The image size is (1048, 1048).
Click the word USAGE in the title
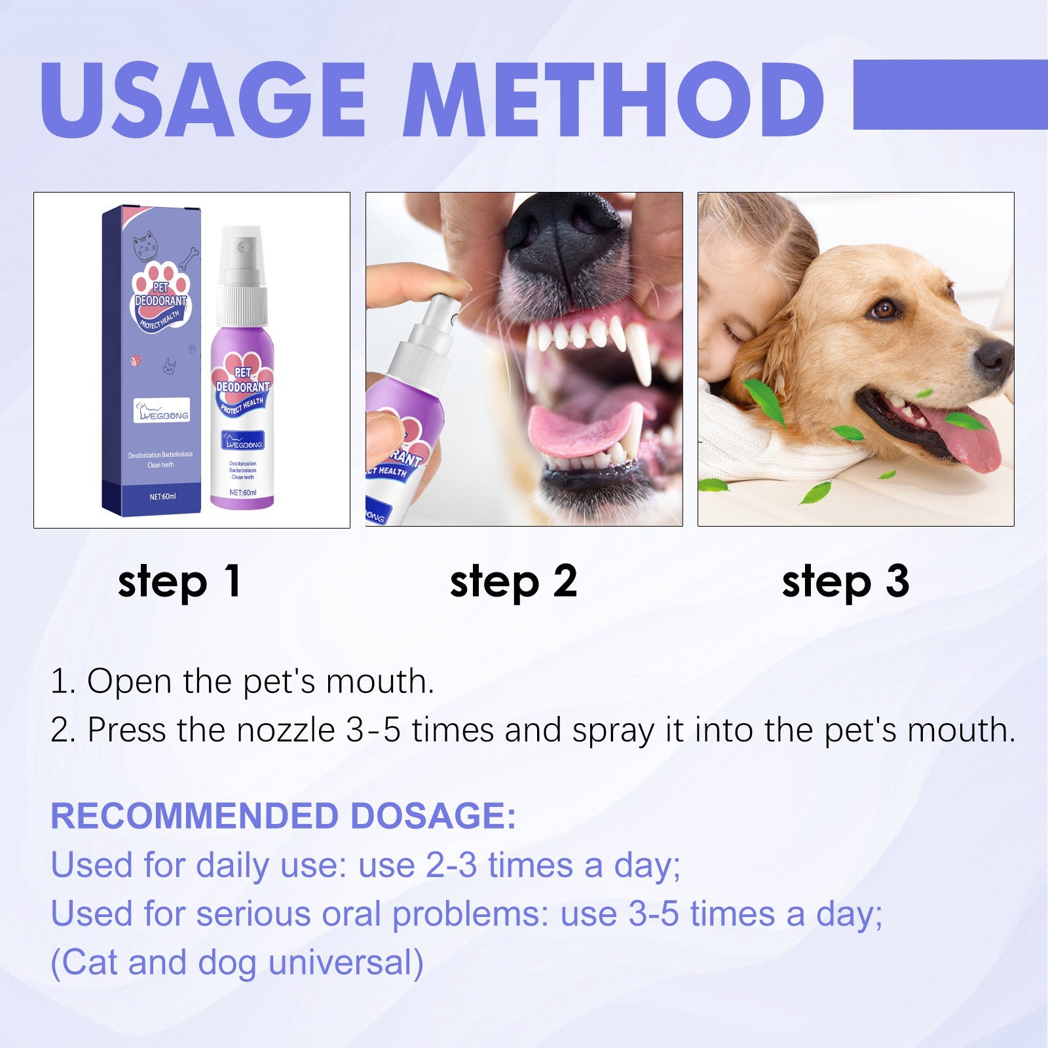[x=203, y=100]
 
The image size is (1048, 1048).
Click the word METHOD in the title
[x=612, y=100]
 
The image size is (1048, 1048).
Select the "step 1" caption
[x=179, y=581]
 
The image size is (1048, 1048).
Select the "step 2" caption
[x=514, y=581]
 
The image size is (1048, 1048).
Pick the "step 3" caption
[x=846, y=581]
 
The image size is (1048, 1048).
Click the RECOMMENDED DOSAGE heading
[x=283, y=816]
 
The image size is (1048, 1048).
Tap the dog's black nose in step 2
[x=563, y=242]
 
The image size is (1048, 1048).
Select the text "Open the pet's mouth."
[x=261, y=681]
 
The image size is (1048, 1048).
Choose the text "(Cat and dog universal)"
[x=237, y=963]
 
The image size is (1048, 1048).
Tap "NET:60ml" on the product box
[x=162, y=496]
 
